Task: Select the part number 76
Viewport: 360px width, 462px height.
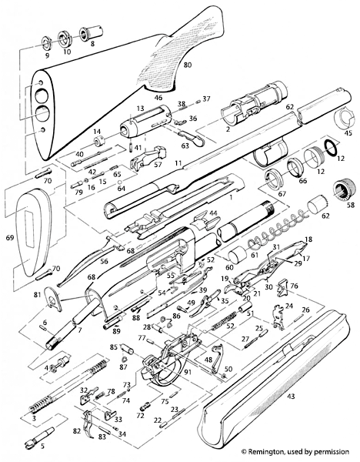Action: (294, 286)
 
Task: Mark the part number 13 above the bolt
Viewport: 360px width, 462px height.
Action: (141, 109)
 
